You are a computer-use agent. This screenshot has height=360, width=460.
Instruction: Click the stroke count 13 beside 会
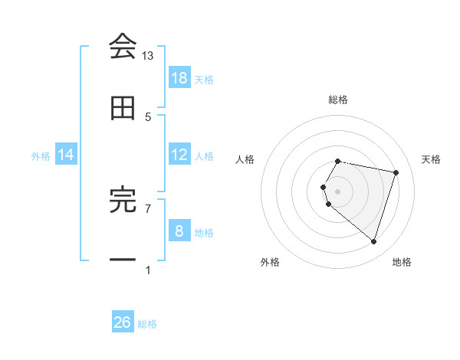[148, 55]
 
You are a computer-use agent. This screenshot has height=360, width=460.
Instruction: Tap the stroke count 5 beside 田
[148, 116]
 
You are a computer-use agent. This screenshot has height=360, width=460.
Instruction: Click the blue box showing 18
[179, 78]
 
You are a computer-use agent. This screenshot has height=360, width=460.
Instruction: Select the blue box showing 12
[179, 155]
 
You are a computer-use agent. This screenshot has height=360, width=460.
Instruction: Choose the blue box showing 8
[179, 231]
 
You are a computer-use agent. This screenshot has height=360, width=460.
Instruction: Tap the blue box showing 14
[66, 155]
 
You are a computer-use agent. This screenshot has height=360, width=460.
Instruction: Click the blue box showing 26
[123, 322]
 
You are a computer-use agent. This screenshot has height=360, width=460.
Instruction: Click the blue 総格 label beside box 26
[148, 324]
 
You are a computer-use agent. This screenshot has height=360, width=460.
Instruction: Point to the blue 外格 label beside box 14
[41, 156]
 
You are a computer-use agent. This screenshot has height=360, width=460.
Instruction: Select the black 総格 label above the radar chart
[338, 100]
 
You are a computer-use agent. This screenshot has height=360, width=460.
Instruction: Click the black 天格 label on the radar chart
[432, 159]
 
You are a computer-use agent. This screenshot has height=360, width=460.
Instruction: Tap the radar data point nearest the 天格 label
[396, 172]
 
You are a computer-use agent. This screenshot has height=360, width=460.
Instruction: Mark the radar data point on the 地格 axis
[373, 242]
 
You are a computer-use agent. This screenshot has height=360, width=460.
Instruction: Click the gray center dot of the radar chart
[338, 191]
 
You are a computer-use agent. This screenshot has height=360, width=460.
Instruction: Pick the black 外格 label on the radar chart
[270, 262]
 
